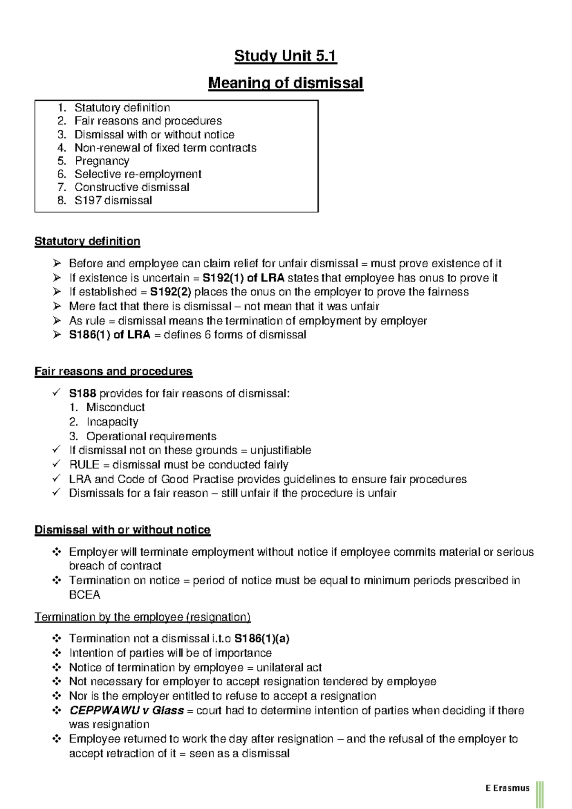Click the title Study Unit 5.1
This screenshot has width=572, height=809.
[x=285, y=57]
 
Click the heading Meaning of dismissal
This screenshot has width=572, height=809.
[x=286, y=83]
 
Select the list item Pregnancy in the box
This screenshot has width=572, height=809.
[x=102, y=161]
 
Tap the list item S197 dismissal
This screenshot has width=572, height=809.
[x=113, y=201]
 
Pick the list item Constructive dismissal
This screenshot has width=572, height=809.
[x=132, y=187]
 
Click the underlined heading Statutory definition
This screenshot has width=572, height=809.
[x=87, y=241]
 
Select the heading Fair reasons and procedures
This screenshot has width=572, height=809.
[x=113, y=372]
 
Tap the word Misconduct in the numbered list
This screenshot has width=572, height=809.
[x=115, y=408]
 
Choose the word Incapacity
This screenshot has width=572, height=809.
[x=112, y=422]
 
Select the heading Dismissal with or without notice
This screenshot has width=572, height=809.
[x=123, y=530]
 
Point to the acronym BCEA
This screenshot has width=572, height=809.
[x=84, y=595]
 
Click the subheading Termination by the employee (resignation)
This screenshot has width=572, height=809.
[x=143, y=617]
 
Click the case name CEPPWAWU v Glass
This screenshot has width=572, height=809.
[x=126, y=711]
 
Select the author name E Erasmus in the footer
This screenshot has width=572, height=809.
[x=508, y=788]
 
